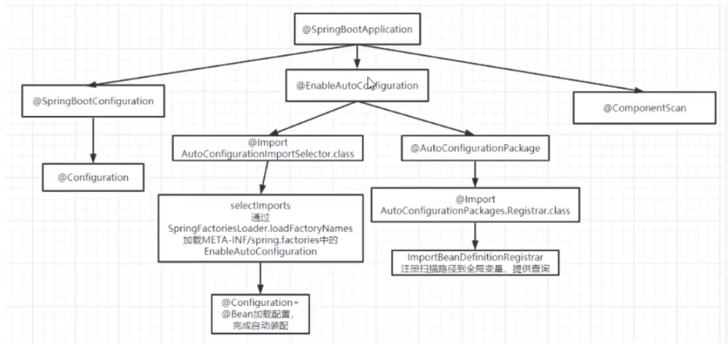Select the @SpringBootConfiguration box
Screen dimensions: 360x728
click(93, 101)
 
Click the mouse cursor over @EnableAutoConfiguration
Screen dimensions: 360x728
click(371, 83)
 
